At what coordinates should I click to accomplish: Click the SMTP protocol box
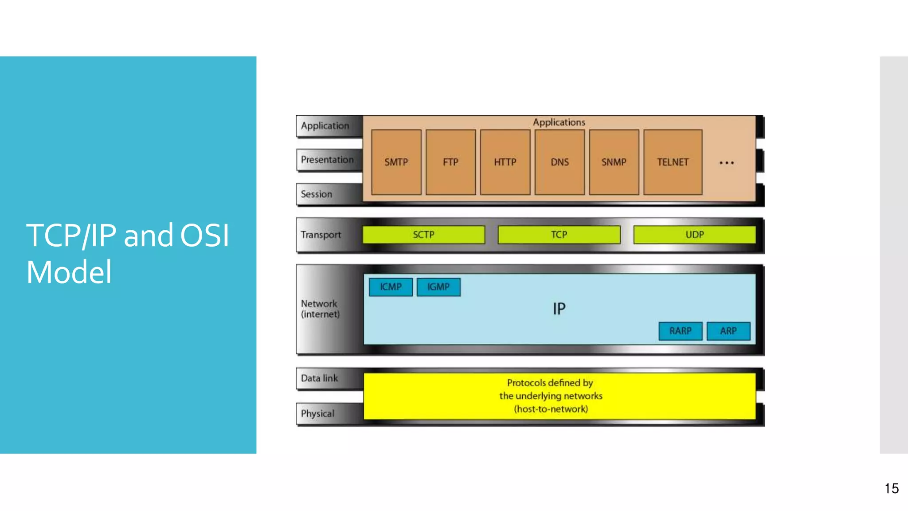pyautogui.click(x=396, y=162)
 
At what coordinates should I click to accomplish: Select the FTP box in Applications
pyautogui.click(x=450, y=162)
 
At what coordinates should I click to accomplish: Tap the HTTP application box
pyautogui.click(x=505, y=162)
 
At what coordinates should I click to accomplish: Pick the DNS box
pyautogui.click(x=560, y=162)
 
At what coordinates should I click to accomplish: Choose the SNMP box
pyautogui.click(x=614, y=162)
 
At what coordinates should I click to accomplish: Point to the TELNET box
pyautogui.click(x=673, y=162)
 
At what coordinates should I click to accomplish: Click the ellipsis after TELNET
pyautogui.click(x=727, y=163)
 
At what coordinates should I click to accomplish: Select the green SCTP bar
pyautogui.click(x=423, y=235)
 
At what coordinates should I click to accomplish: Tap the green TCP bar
pyautogui.click(x=559, y=235)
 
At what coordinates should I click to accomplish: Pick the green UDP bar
pyautogui.click(x=694, y=235)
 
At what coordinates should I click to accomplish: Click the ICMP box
pyautogui.click(x=391, y=287)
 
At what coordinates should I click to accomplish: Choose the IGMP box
pyautogui.click(x=438, y=287)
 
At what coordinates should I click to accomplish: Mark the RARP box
pyautogui.click(x=681, y=331)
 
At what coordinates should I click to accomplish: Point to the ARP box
pyautogui.click(x=728, y=331)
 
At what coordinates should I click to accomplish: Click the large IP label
pyautogui.click(x=559, y=308)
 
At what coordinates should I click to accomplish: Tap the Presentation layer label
pyautogui.click(x=327, y=160)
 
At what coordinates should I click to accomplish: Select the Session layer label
pyautogui.click(x=317, y=194)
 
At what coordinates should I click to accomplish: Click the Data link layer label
pyautogui.click(x=319, y=378)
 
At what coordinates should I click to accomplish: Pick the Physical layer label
pyautogui.click(x=317, y=413)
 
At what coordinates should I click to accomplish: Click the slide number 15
pyautogui.click(x=892, y=488)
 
